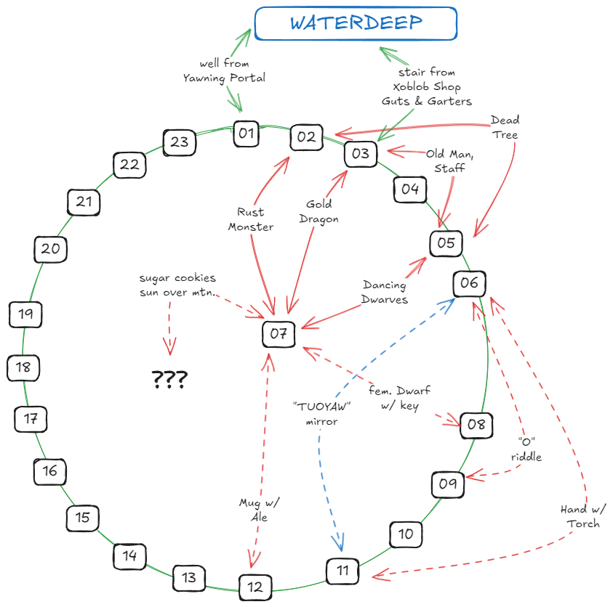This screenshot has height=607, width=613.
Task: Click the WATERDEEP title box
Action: [x=356, y=23]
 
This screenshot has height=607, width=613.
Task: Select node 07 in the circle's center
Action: [x=279, y=334]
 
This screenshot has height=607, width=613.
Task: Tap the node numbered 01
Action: [x=247, y=133]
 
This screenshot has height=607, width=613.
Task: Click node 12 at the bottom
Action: [x=255, y=587]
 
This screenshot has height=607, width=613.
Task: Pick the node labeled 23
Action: [x=180, y=142]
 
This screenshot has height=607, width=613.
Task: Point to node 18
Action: [x=23, y=367]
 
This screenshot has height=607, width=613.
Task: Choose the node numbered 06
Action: [x=469, y=283]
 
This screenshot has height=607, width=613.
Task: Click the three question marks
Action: [x=169, y=379]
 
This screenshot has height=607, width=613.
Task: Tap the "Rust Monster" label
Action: [x=251, y=219]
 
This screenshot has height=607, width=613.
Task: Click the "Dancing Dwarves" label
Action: [x=385, y=292]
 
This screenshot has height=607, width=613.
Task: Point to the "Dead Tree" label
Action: [x=505, y=127]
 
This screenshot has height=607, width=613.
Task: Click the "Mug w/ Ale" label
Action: [x=260, y=510]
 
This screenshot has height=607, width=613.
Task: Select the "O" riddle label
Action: [x=529, y=449]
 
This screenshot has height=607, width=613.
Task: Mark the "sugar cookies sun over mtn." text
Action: [x=177, y=285]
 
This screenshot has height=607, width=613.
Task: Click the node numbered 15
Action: [x=83, y=518]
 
